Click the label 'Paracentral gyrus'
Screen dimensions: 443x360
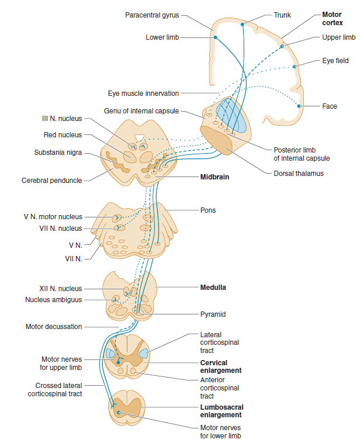tap(152, 15)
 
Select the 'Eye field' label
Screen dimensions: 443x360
tap(335, 60)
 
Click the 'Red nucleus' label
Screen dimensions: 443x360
tap(63, 135)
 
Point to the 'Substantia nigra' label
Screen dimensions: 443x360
tap(57, 153)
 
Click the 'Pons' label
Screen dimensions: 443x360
tap(208, 210)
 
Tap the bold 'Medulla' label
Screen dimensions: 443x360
tap(213, 288)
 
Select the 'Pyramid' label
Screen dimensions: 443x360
tap(213, 314)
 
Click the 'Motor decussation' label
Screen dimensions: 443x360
tap(53, 327)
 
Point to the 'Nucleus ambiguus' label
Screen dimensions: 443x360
tap(53, 300)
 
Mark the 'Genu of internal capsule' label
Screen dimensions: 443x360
tap(141, 110)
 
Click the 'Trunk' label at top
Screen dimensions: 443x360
tap(282, 15)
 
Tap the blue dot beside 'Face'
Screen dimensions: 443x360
tap(299, 106)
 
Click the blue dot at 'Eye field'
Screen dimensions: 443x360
tap(295, 67)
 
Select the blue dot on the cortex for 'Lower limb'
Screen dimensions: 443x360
tap(216, 37)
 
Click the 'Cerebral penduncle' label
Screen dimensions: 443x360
tap(52, 180)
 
